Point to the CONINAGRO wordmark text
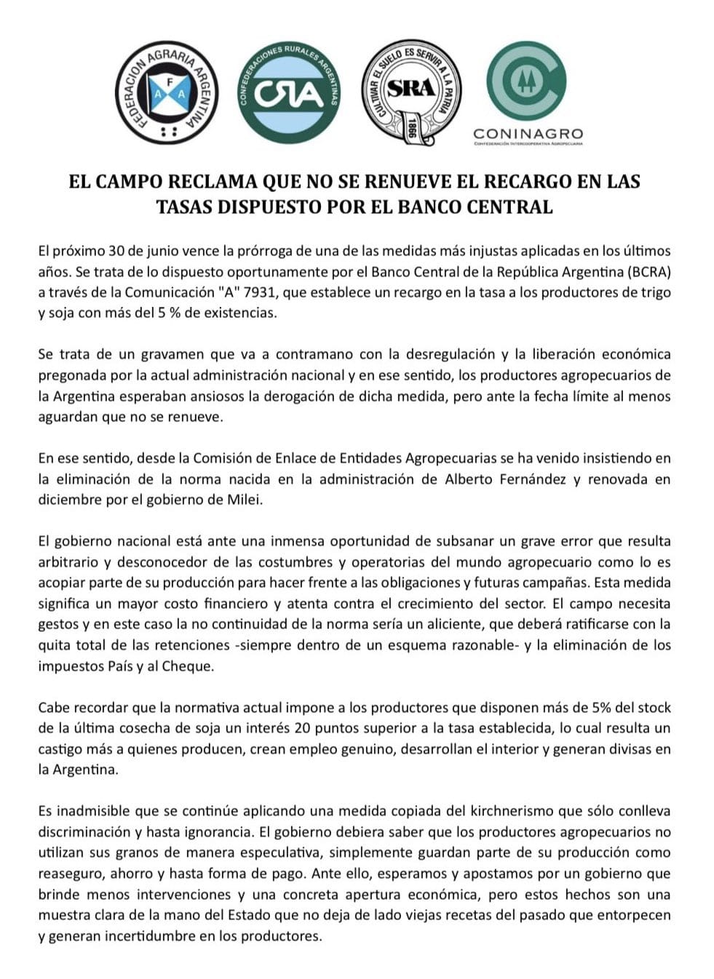tap(528, 133)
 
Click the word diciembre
tap(68, 500)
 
